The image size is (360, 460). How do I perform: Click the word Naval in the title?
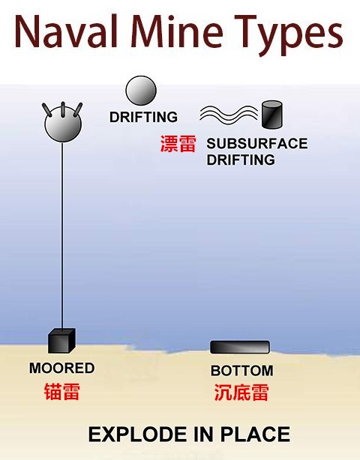click(x=66, y=31)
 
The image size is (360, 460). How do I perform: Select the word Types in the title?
click(x=289, y=34)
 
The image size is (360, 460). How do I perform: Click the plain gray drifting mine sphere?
click(x=141, y=91)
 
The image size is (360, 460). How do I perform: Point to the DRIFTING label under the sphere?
click(x=143, y=117)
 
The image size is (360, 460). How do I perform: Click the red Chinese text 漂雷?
click(x=178, y=144)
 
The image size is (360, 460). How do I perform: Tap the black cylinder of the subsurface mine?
click(x=272, y=115)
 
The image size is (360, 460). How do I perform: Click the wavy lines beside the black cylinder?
click(x=229, y=115)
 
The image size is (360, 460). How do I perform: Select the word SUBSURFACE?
click(x=257, y=143)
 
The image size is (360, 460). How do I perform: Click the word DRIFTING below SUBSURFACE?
click(x=241, y=160)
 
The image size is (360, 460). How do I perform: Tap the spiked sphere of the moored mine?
click(x=63, y=124)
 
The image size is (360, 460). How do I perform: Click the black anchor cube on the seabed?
click(x=61, y=341)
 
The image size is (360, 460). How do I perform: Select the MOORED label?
click(x=62, y=368)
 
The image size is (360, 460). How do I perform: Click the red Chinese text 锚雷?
click(x=62, y=392)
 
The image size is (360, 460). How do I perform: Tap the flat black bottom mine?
click(x=240, y=347)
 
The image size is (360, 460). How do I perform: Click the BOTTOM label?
click(x=242, y=371)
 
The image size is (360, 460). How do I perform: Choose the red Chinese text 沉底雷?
click(x=241, y=393)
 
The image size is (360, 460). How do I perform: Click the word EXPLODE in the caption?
click(x=138, y=435)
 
